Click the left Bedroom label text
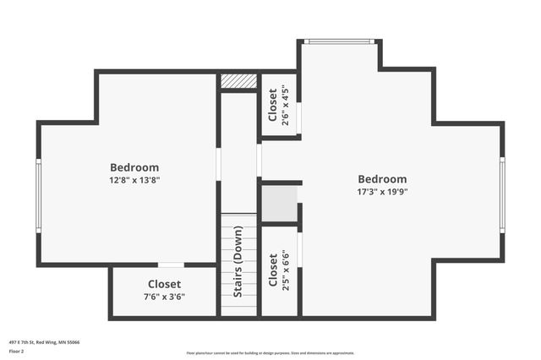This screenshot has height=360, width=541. [134, 167]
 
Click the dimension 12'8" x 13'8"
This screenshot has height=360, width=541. [134, 180]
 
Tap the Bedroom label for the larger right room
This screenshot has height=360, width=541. [382, 179]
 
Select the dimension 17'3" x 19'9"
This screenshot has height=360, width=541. [382, 192]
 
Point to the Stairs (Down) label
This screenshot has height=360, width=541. [238, 261]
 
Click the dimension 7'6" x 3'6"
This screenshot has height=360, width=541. [164, 297]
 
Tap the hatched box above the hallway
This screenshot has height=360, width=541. [238, 81]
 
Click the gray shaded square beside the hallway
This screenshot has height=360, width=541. [279, 204]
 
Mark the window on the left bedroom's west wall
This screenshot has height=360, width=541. [38, 194]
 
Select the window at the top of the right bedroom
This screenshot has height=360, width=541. [339, 41]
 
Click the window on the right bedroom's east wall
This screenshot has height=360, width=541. [502, 194]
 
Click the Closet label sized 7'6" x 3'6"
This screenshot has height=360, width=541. [164, 284]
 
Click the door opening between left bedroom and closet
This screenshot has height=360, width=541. [171, 265]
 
